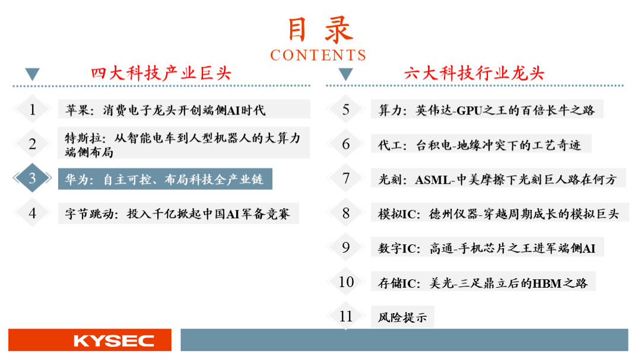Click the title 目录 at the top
[x=320, y=30]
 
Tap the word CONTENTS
[x=318, y=55]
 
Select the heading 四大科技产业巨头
[x=161, y=74]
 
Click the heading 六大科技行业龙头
[x=474, y=74]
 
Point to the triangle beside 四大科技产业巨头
[x=32, y=74]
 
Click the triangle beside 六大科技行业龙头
[x=346, y=74]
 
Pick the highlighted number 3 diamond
[x=32, y=178]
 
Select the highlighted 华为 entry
[x=165, y=179]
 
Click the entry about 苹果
[x=166, y=110]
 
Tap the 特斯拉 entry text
[x=183, y=145]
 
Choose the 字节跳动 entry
[x=177, y=214]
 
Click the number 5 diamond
[x=346, y=109]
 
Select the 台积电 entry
[x=480, y=145]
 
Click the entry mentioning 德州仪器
[x=499, y=214]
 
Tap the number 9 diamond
[x=346, y=247]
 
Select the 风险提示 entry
[x=402, y=317]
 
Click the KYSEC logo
[x=113, y=341]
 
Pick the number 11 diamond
[x=346, y=316]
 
